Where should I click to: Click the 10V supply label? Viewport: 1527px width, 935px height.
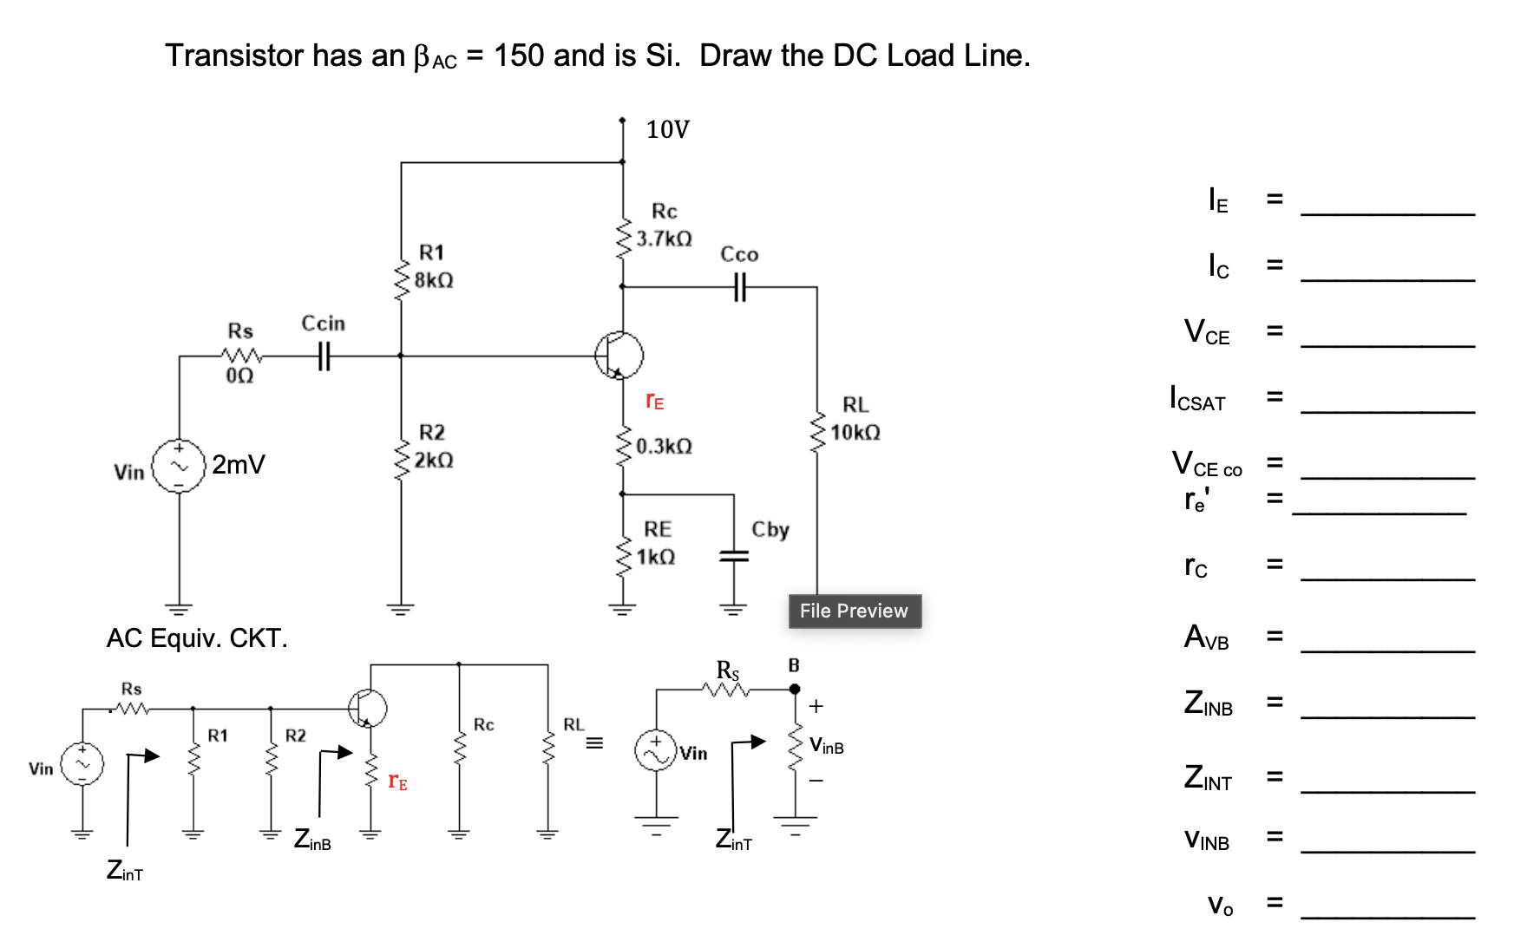(x=667, y=130)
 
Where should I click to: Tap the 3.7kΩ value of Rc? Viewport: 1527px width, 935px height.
(x=664, y=239)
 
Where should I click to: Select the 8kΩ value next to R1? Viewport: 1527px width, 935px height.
(x=434, y=280)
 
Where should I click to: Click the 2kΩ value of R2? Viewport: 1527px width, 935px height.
(x=434, y=460)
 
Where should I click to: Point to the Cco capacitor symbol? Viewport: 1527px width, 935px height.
(x=739, y=286)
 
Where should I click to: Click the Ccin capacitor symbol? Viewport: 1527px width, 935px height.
(x=324, y=356)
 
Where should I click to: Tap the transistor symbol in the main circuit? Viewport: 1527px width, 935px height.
(x=619, y=356)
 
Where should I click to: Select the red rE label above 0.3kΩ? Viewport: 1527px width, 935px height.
(x=655, y=401)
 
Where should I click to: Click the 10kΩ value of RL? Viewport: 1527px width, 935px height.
(x=855, y=432)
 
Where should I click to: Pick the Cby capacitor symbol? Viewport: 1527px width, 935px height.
(x=734, y=556)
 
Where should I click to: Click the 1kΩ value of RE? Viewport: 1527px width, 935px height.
(x=656, y=557)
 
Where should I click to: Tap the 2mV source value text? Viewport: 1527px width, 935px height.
(x=239, y=465)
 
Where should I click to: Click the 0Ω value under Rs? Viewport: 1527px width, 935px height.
(x=239, y=376)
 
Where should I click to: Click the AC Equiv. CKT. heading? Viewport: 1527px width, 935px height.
(x=197, y=638)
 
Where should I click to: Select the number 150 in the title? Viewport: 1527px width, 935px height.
(x=519, y=56)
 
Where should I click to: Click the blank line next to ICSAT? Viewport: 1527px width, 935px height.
(x=1387, y=408)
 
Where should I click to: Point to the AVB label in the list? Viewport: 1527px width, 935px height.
(x=1206, y=637)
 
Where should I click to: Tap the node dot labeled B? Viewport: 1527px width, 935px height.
(x=795, y=689)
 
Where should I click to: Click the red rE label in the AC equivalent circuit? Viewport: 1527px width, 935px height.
(x=397, y=781)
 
